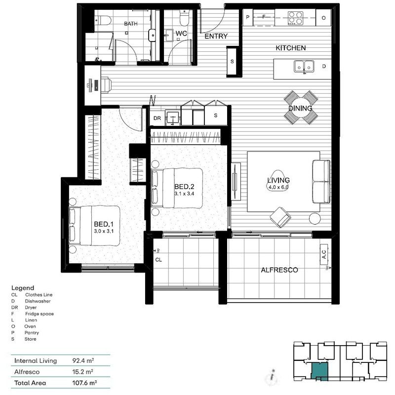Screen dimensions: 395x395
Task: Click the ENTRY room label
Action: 216,36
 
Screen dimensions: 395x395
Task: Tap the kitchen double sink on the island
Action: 305,66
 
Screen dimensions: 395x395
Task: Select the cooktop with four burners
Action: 295,18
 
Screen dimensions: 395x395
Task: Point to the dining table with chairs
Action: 301,108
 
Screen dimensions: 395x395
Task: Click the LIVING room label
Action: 278,180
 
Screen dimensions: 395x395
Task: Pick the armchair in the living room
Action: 280,216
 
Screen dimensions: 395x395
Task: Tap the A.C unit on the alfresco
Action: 325,256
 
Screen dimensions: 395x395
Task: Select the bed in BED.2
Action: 177,187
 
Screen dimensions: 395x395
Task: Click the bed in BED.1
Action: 95,225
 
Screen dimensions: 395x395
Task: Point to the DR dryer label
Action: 157,118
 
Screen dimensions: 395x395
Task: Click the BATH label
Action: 131,23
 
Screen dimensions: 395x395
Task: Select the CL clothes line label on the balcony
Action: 158,259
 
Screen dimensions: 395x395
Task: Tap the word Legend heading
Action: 23,288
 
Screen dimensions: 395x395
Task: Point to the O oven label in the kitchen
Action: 324,18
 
